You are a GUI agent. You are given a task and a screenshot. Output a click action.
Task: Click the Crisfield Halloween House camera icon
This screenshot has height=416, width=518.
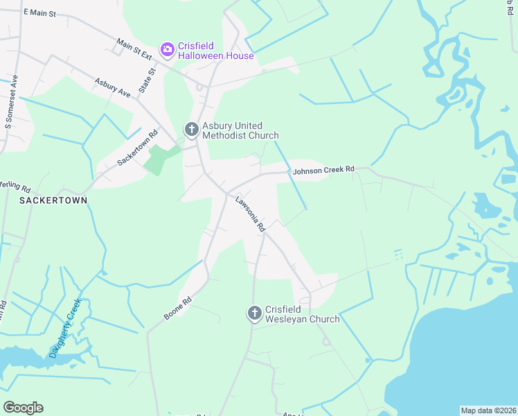tap(167, 50)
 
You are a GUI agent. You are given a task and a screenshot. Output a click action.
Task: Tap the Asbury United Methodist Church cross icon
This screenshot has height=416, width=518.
tap(191, 130)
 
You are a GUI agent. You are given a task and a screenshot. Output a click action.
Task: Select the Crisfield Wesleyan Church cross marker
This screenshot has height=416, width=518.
tap(254, 314)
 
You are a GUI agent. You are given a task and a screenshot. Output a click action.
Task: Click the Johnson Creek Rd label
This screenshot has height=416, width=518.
tap(323, 169)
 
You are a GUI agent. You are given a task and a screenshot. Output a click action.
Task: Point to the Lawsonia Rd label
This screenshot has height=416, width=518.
tap(250, 214)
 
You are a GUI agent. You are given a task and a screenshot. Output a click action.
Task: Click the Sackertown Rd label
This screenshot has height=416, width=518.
tap(137, 147)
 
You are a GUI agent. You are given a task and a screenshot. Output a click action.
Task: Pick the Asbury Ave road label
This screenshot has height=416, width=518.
tap(112, 87)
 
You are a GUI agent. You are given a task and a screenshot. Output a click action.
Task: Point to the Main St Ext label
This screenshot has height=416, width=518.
tap(133, 50)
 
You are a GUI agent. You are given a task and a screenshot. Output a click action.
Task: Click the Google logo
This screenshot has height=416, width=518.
tap(23, 408)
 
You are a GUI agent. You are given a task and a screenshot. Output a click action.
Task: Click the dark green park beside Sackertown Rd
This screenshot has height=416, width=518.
tap(158, 159)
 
